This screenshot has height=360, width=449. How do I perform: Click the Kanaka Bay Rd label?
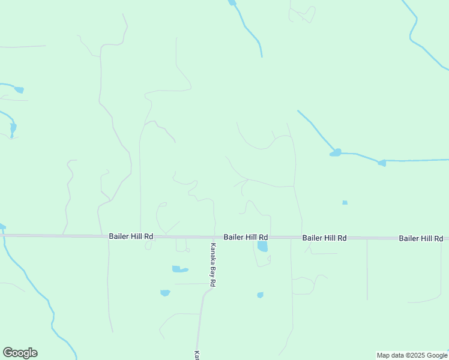pyautogui.click(x=212, y=265)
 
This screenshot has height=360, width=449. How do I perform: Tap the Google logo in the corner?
pyautogui.click(x=20, y=353)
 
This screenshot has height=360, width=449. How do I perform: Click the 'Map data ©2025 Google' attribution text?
pyautogui.click(x=412, y=355)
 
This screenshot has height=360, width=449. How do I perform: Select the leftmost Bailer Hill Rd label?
pyautogui.click(x=131, y=237)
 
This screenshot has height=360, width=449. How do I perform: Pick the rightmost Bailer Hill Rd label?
pyautogui.click(x=421, y=238)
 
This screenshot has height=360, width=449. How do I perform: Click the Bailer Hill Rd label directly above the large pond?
pyautogui.click(x=246, y=238)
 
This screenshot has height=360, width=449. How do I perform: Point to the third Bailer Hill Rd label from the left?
pyautogui.click(x=324, y=238)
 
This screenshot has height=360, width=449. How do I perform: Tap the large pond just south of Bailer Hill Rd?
pyautogui.click(x=262, y=246)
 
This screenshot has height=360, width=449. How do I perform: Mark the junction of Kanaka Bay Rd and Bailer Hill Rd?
pyautogui.click(x=215, y=237)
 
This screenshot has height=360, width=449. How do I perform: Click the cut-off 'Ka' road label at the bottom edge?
pyautogui.click(x=196, y=355)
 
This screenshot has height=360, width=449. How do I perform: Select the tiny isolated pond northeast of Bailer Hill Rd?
pyautogui.click(x=345, y=203)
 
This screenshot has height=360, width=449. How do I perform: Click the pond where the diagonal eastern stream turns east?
pyautogui.click(x=336, y=152)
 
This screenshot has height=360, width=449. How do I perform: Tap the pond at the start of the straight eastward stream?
pyautogui.click(x=381, y=163)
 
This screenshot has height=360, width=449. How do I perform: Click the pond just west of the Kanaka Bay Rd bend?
pyautogui.click(x=165, y=293)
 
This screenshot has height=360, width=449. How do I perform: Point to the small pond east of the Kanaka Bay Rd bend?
pyautogui.click(x=260, y=295)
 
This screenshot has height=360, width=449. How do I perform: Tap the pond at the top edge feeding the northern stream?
pyautogui.click(x=232, y=3)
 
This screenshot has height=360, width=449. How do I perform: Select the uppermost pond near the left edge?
pyautogui.click(x=19, y=90)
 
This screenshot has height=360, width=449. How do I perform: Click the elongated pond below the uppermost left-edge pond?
pyautogui.click(x=13, y=128)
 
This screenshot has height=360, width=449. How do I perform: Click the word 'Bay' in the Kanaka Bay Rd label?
pyautogui.click(x=212, y=265)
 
